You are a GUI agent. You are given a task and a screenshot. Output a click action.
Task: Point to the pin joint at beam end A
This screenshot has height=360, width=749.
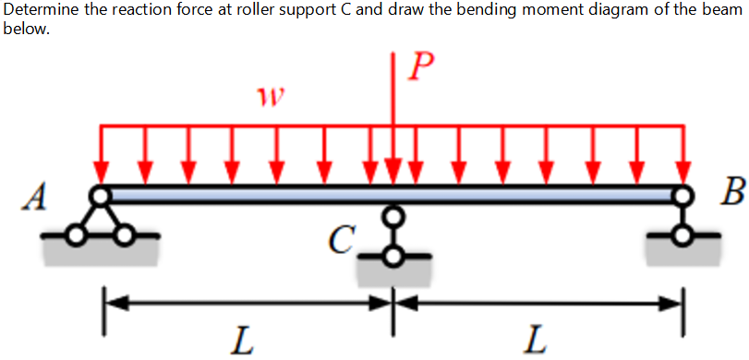click(x=100, y=195)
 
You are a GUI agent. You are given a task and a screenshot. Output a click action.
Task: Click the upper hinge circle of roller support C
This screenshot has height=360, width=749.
click(x=394, y=215)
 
